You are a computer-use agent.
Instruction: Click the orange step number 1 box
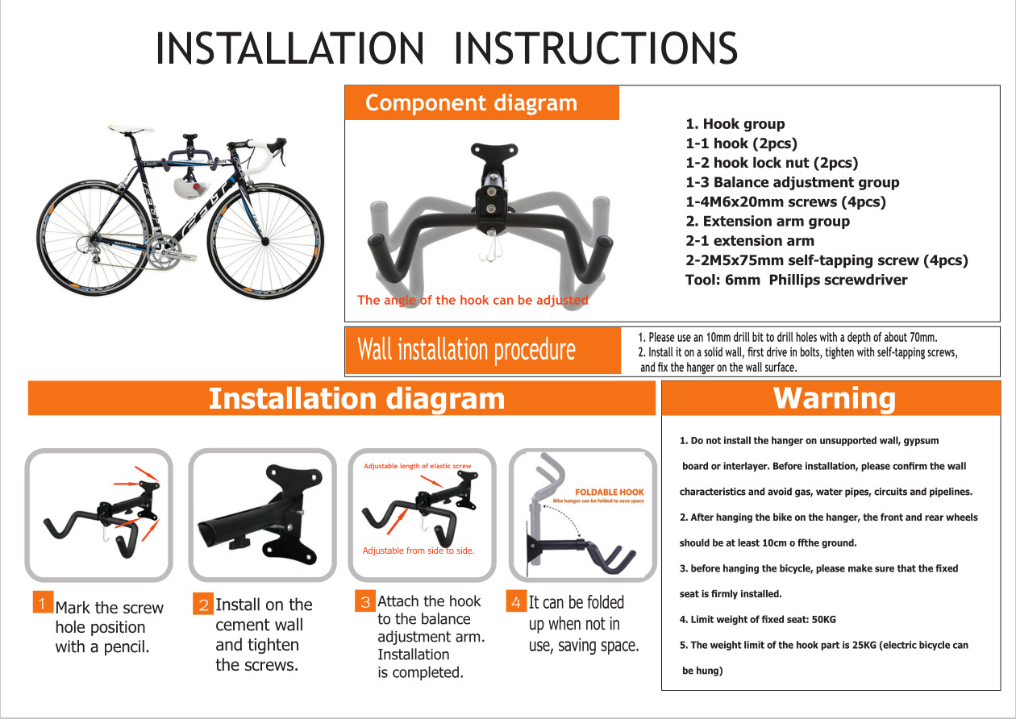click(x=43, y=602)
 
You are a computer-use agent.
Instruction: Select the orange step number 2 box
click(x=203, y=604)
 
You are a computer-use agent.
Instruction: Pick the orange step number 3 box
click(x=365, y=601)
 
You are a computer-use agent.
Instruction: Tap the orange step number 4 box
click(x=516, y=601)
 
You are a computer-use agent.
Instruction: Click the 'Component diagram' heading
click(x=471, y=103)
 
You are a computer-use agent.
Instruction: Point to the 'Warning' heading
click(x=834, y=398)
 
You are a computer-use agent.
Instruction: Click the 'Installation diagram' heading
click(x=356, y=398)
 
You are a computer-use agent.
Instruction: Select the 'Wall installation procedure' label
click(x=466, y=350)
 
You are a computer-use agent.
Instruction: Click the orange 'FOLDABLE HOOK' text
click(x=609, y=492)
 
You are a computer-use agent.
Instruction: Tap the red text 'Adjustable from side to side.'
click(x=418, y=551)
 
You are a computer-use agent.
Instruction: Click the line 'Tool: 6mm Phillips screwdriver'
click(x=796, y=280)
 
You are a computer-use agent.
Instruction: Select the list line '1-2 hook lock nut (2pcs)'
click(x=772, y=163)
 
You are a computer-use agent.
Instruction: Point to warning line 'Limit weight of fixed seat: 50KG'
click(x=757, y=619)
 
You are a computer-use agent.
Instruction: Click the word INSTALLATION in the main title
click(x=289, y=48)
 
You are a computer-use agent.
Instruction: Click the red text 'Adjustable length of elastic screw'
click(x=417, y=466)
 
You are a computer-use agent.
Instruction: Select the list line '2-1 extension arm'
click(x=750, y=240)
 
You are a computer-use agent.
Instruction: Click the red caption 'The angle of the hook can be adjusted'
click(x=473, y=300)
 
